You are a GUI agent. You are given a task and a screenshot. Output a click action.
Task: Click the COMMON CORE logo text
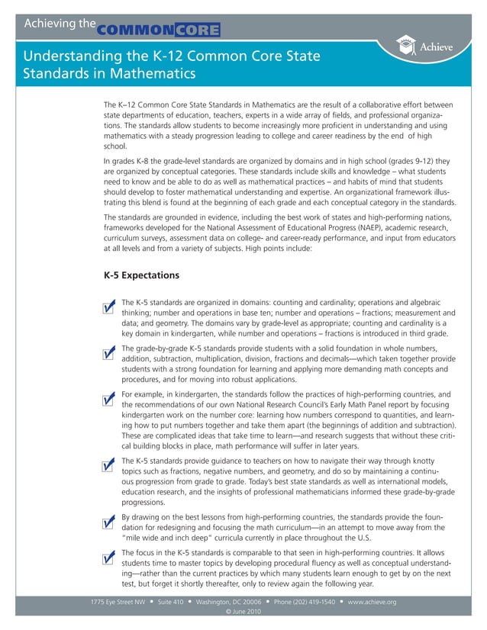[x=159, y=31]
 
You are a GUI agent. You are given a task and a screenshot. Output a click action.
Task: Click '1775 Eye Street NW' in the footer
[x=118, y=602]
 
